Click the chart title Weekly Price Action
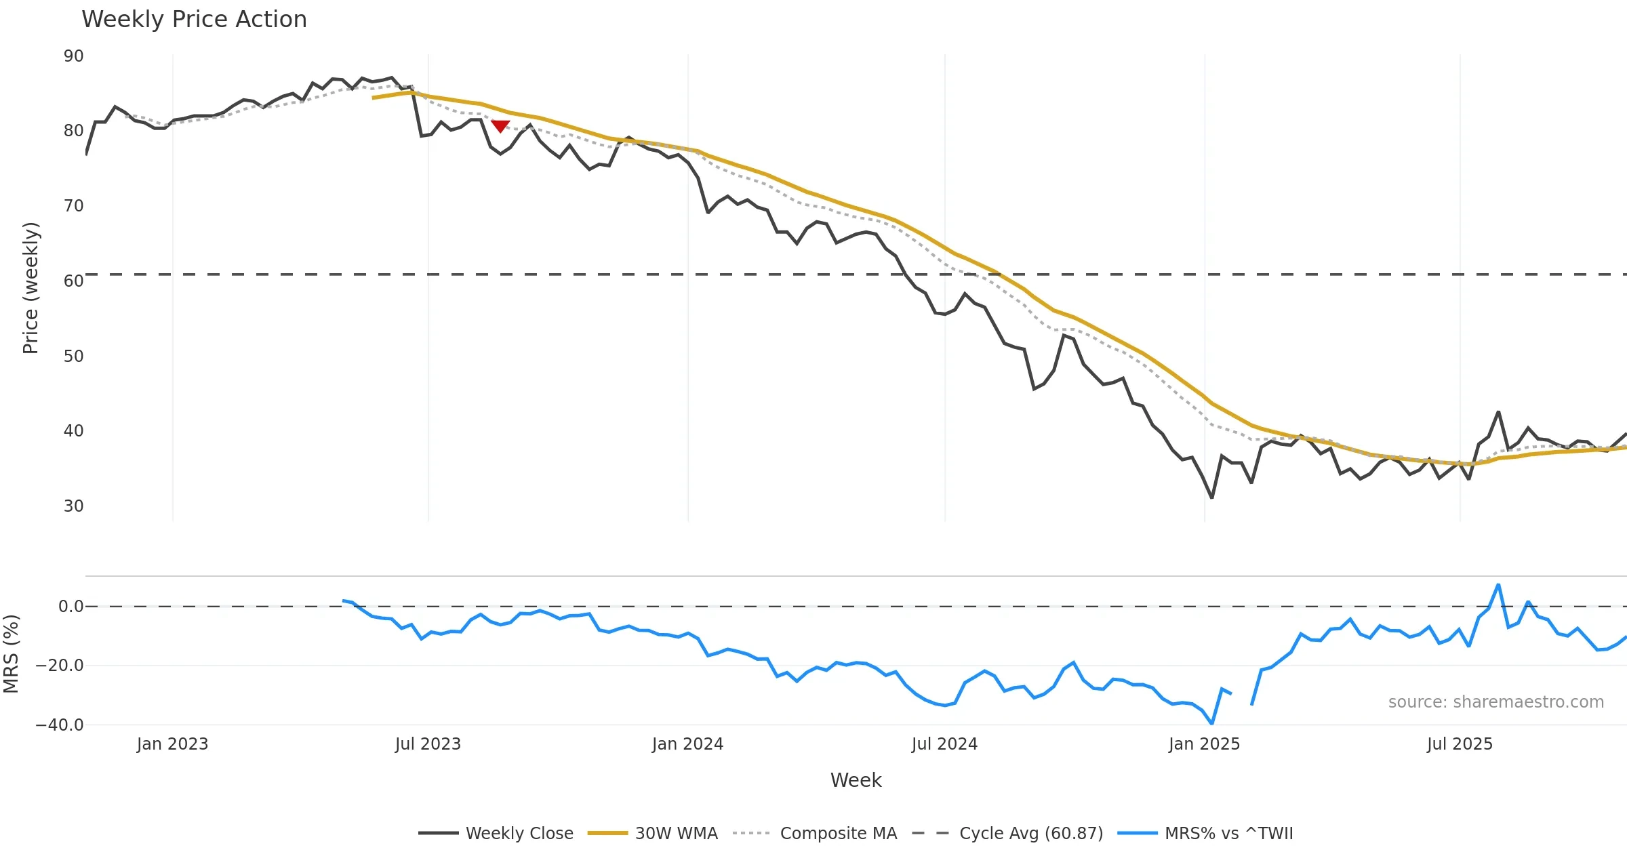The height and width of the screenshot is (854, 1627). click(x=194, y=20)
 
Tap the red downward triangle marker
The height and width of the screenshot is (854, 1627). click(x=500, y=126)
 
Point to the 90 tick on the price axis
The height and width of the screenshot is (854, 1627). click(x=73, y=56)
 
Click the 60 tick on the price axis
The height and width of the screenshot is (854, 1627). click(x=73, y=281)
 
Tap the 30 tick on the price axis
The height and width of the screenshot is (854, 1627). click(x=73, y=506)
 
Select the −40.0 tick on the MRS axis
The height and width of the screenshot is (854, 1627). click(x=60, y=725)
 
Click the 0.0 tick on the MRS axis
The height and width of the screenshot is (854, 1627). click(x=71, y=607)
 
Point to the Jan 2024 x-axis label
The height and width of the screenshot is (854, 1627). click(x=687, y=744)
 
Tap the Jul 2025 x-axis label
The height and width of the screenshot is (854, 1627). click(x=1460, y=744)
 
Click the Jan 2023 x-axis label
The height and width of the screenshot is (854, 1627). click(x=172, y=744)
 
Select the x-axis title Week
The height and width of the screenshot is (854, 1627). click(x=856, y=780)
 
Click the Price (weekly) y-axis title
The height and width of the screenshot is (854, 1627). click(x=31, y=288)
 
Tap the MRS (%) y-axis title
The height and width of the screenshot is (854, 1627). click(x=11, y=654)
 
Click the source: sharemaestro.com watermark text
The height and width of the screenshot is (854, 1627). click(x=1495, y=702)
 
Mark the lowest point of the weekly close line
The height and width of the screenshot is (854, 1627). click(x=1211, y=498)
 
